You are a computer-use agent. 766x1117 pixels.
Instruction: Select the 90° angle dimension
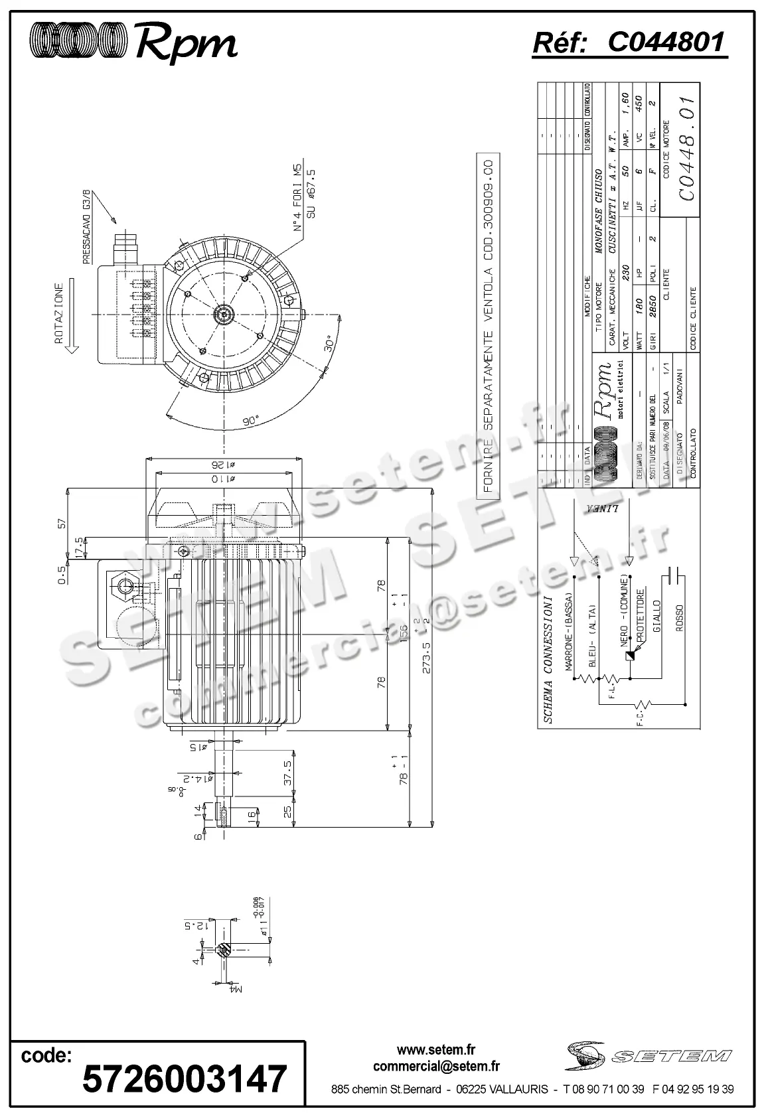pos(252,421)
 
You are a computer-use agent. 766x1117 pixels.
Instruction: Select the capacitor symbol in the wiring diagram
pos(675,574)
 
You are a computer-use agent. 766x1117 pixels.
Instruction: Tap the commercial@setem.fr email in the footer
pos(436,1066)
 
